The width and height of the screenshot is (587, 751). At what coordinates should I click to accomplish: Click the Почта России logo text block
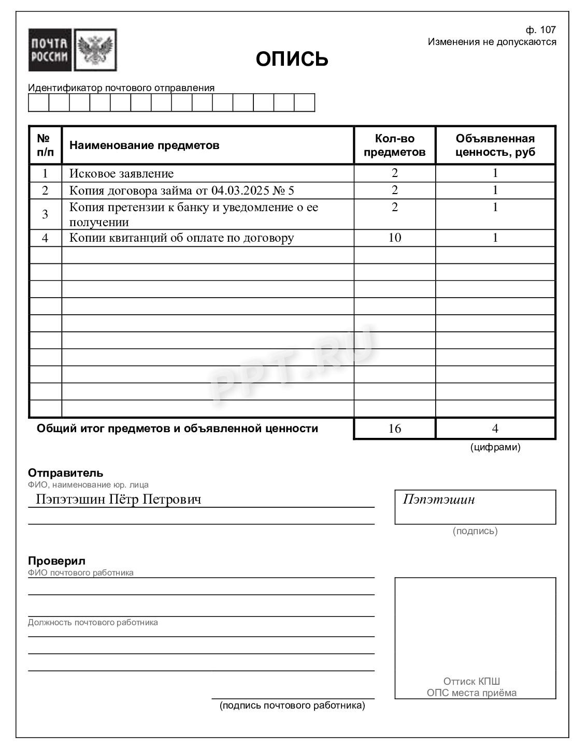click(x=50, y=50)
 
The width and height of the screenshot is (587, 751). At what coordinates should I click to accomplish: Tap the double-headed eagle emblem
click(x=95, y=50)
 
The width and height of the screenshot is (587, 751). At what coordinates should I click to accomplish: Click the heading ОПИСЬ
click(x=292, y=59)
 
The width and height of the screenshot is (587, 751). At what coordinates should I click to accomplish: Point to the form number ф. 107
click(x=540, y=30)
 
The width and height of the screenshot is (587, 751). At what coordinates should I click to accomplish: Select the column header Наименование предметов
click(x=144, y=145)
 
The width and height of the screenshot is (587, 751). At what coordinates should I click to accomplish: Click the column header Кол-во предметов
click(x=394, y=145)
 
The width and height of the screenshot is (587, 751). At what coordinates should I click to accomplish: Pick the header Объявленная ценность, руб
click(x=495, y=145)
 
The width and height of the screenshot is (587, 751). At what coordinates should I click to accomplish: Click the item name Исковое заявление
click(x=121, y=173)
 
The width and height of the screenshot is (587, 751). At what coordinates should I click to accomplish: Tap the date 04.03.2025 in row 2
click(x=239, y=190)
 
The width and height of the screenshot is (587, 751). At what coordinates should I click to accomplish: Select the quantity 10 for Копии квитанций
click(x=394, y=238)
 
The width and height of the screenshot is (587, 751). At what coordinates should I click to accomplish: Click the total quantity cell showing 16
click(x=394, y=429)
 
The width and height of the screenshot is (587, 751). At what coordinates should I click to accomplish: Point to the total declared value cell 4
click(x=495, y=429)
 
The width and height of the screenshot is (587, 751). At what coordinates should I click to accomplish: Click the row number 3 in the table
click(x=45, y=214)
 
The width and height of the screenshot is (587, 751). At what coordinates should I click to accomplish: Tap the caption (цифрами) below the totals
click(x=495, y=447)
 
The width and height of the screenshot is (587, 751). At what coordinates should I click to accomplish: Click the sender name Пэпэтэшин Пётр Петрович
click(x=118, y=499)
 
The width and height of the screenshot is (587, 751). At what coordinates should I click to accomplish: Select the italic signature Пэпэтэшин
click(x=438, y=499)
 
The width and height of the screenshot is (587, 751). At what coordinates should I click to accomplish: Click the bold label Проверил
click(x=56, y=561)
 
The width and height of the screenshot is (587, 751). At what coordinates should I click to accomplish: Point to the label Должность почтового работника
click(x=93, y=622)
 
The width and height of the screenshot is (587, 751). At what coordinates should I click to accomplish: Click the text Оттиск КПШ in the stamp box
click(x=471, y=681)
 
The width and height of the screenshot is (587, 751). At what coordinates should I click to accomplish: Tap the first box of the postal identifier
click(x=38, y=102)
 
